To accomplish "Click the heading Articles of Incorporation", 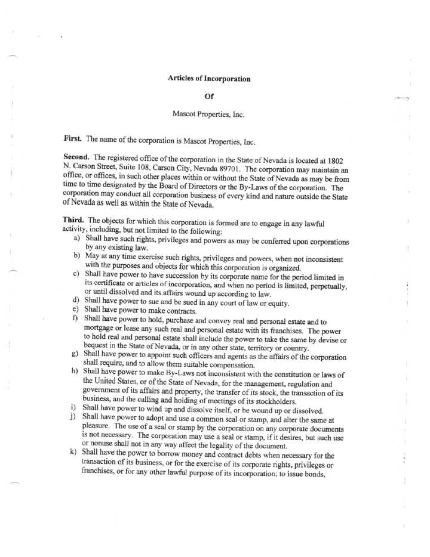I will [x=209, y=79].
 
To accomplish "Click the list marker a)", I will [x=77, y=238].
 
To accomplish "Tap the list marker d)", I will [x=76, y=300].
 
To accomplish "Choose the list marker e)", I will [x=76, y=310].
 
